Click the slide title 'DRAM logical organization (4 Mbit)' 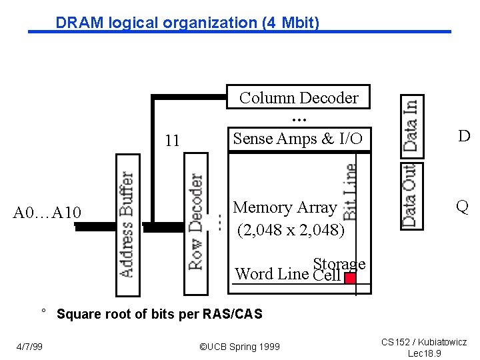(187, 23)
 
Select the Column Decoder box (298, 97)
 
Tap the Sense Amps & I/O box (297, 139)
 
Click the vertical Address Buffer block (127, 225)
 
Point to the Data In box (411, 125)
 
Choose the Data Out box (411, 196)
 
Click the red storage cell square (349, 278)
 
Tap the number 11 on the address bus (172, 141)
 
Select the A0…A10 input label (47, 213)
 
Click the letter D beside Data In (464, 137)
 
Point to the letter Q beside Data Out (462, 206)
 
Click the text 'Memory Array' (285, 208)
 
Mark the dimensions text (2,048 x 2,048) (291, 231)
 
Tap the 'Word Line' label (272, 274)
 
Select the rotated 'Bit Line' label (349, 192)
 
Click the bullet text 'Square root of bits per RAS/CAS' (159, 314)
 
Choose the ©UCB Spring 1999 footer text (240, 347)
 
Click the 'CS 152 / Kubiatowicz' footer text (424, 342)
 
